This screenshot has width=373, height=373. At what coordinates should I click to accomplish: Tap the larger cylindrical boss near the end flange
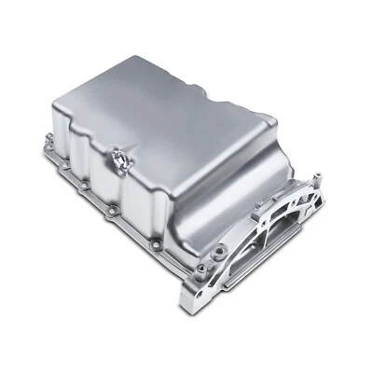point(220,249)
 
